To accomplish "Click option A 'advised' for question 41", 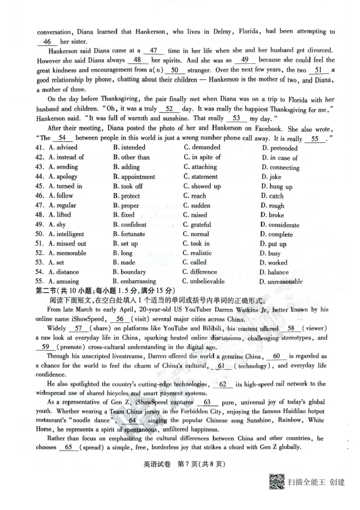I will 63,148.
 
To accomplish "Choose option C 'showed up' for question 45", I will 202,186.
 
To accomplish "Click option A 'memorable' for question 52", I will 67,253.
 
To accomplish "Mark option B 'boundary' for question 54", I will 129,272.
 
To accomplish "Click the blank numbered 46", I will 47,42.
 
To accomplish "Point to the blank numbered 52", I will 170,109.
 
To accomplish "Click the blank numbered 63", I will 207,402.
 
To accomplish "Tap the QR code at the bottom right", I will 276,482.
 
